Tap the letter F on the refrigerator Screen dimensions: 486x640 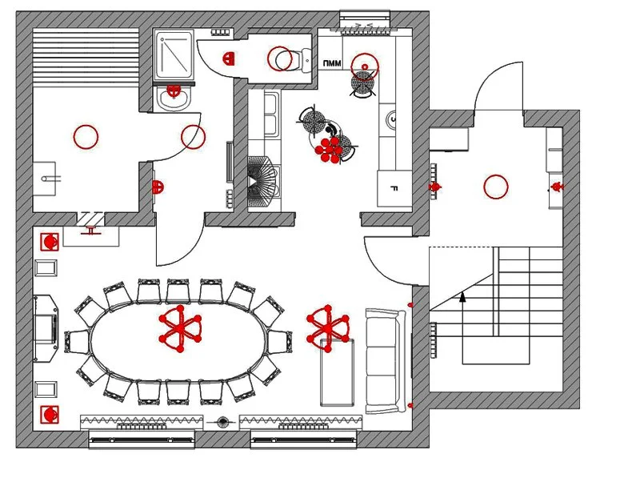394,189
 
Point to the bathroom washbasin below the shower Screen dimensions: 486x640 172,98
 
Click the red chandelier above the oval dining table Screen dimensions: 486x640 181,329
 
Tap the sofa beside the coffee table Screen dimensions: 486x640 386,361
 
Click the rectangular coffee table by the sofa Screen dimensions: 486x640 336,372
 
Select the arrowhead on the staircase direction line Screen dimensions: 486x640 462,297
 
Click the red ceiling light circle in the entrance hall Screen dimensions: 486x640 496,187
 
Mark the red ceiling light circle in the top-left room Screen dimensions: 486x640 86,137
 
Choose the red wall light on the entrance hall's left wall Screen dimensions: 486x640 436,187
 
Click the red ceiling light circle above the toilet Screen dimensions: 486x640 279,58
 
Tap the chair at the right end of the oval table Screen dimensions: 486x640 280,343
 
